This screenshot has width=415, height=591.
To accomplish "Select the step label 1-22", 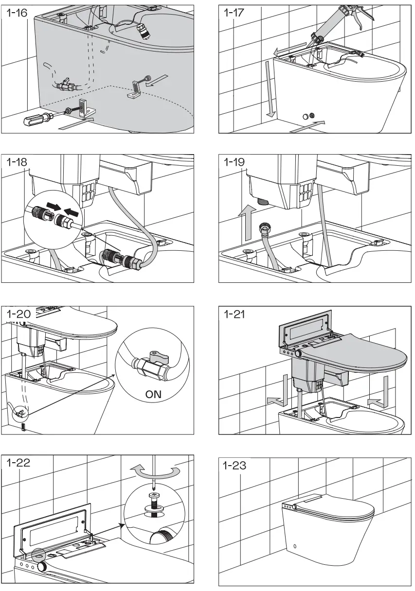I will point(18,462).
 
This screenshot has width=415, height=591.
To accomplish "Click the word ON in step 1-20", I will point(153,394).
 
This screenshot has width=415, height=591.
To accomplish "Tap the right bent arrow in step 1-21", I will point(378,393).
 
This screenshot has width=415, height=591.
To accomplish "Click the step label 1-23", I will point(235,466).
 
